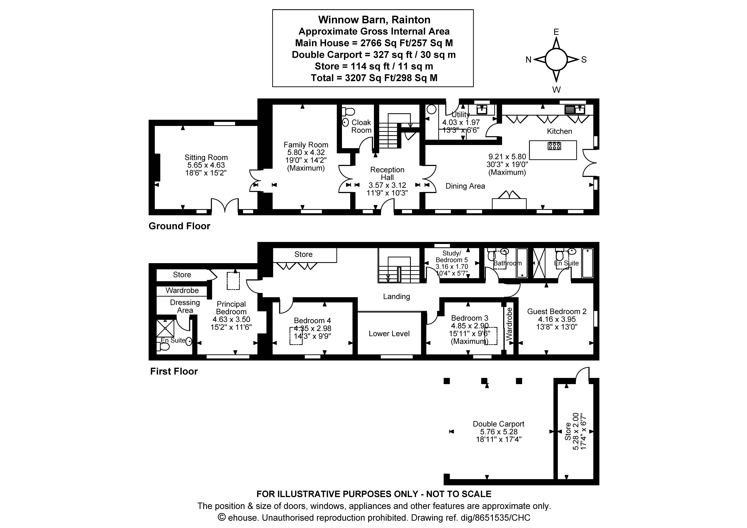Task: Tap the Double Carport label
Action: (498, 424)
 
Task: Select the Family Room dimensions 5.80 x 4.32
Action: (306, 152)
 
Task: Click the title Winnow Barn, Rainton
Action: (374, 20)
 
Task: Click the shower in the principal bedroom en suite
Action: (165, 328)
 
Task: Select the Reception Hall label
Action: (387, 173)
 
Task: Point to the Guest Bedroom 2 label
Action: (557, 311)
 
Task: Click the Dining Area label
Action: (465, 186)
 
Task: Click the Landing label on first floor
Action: (396, 296)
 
